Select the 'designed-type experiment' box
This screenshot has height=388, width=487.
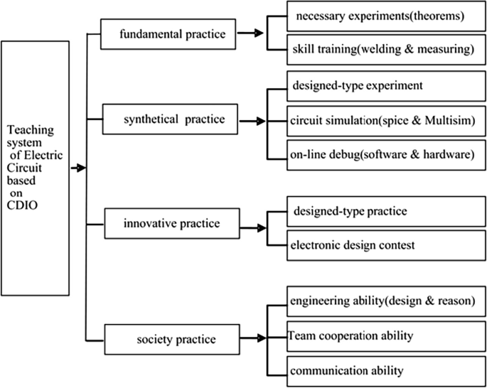(380, 86)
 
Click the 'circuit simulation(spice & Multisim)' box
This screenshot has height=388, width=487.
(380, 120)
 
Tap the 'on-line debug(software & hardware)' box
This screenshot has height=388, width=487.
(380, 154)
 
